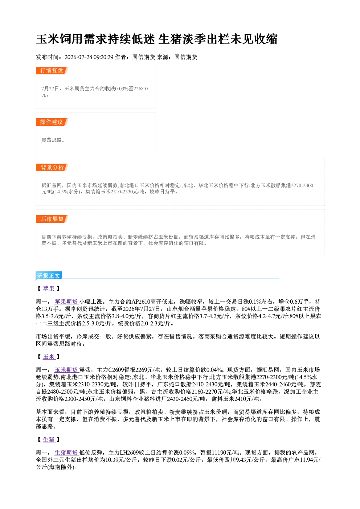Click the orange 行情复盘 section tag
point(52,70)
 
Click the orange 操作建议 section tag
point(52,122)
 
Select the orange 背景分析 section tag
point(52,168)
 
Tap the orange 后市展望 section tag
point(52,219)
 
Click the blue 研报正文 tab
point(49,275)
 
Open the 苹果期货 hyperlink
point(66,301)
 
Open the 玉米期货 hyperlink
point(66,370)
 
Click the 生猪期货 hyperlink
point(66,452)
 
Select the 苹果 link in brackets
point(49,288)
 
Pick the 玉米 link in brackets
point(49,357)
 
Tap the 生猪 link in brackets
point(49,439)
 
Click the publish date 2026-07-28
point(78,57)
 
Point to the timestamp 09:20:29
point(103,57)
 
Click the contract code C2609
point(116,370)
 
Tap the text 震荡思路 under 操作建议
point(52,140)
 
